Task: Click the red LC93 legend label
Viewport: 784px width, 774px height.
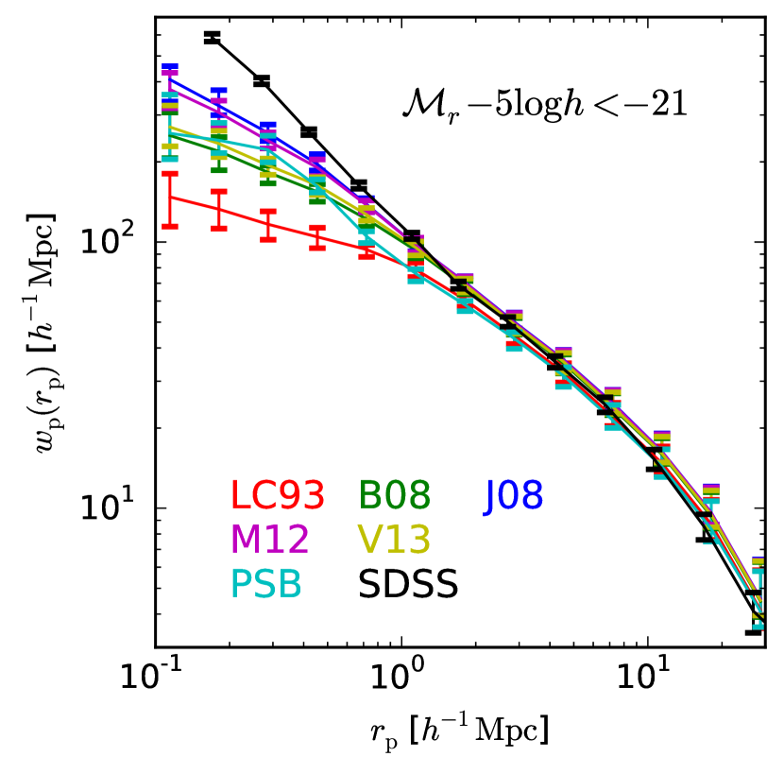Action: point(278,495)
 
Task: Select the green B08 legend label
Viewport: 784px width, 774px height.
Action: point(395,495)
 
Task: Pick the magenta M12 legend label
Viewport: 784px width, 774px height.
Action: point(269,540)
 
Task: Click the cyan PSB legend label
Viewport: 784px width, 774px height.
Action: point(266,585)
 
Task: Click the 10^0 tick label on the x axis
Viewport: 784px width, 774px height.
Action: point(401,679)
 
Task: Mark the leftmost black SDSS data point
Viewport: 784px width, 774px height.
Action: point(212,37)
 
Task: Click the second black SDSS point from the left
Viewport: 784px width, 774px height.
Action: point(262,80)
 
